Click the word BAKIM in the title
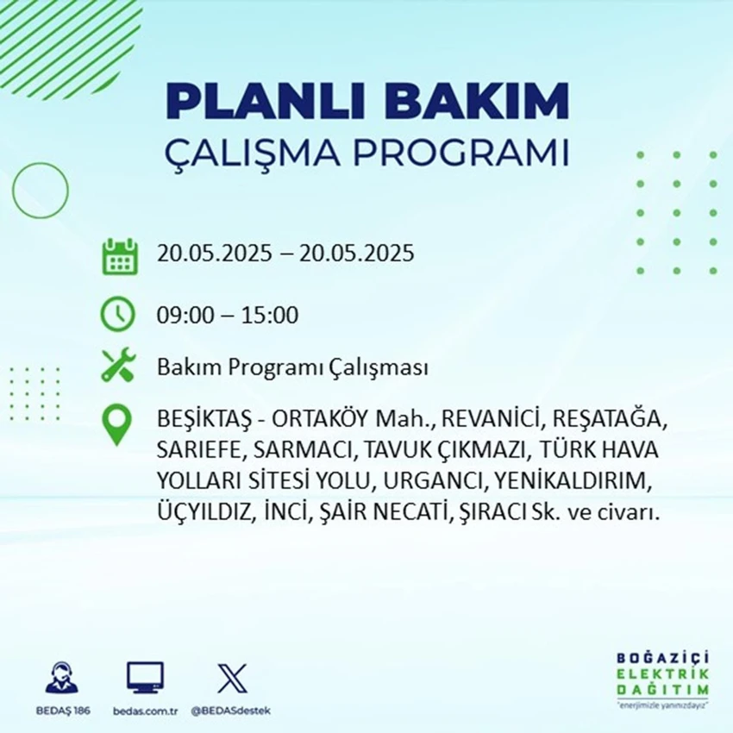point(476,101)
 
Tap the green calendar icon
point(120,256)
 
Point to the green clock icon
point(118,314)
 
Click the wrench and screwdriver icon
point(119,365)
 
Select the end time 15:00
point(270,316)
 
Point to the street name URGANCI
point(433,481)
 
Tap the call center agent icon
point(62,677)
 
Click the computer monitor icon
point(145,677)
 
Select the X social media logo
point(232,679)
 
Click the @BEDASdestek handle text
point(230,711)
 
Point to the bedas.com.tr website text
point(146,711)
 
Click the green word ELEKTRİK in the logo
point(662,674)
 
